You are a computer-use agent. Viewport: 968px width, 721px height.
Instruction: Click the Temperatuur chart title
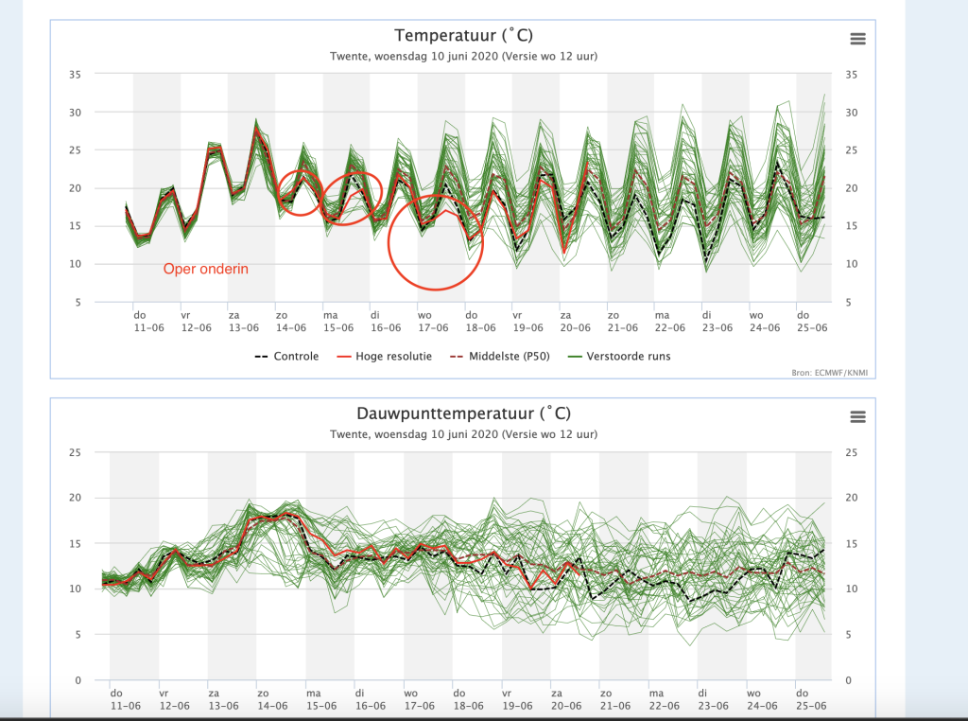(463, 36)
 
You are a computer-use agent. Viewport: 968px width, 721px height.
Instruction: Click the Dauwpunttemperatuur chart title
(463, 413)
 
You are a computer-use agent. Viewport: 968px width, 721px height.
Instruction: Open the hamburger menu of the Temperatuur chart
(857, 39)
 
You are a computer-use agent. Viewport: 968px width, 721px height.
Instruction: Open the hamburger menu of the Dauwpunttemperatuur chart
(857, 417)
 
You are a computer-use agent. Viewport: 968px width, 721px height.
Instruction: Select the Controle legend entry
(287, 357)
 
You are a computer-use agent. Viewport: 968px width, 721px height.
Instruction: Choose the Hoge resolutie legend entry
(385, 357)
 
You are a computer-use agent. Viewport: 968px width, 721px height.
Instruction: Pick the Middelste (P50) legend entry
(500, 357)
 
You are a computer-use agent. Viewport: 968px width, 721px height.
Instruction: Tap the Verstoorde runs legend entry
(619, 357)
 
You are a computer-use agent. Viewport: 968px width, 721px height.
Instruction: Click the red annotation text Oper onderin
(205, 269)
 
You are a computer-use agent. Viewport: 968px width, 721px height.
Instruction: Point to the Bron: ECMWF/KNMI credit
(830, 373)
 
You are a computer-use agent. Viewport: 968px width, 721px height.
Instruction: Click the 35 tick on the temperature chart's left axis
(75, 75)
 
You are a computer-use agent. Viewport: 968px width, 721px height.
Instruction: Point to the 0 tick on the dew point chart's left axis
(78, 680)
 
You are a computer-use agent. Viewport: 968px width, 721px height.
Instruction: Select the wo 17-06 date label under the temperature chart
(433, 322)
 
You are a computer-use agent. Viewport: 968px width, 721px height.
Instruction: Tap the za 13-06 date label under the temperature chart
(243, 322)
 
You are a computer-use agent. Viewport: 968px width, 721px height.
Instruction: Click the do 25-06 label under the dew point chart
(810, 699)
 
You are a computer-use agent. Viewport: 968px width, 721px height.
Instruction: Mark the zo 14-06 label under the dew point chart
(271, 699)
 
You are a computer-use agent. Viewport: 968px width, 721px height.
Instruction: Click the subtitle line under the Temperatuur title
(463, 56)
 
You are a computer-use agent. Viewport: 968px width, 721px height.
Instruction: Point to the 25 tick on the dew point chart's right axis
(852, 453)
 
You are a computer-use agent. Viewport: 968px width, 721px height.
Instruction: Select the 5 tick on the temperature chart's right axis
(848, 302)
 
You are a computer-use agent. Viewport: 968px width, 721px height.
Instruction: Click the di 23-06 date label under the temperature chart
(717, 322)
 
